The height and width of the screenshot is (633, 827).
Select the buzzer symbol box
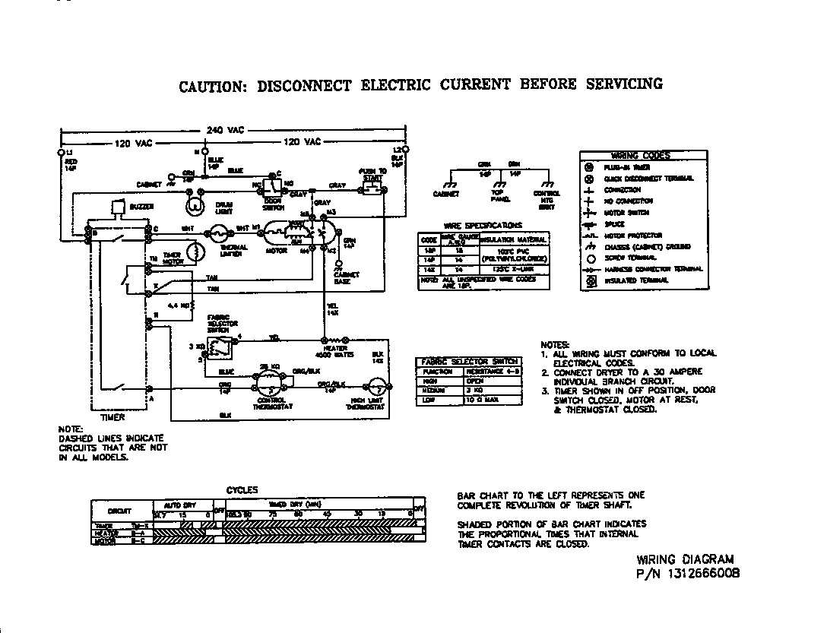pyautogui.click(x=116, y=207)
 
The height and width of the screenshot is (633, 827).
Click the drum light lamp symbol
pyautogui.click(x=195, y=204)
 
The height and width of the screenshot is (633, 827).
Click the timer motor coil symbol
pyautogui.click(x=197, y=252)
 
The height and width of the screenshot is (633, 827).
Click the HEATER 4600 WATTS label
pyautogui.click(x=331, y=352)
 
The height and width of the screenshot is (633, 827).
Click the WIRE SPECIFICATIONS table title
pyautogui.click(x=483, y=226)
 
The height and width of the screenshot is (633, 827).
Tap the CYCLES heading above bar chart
pyautogui.click(x=242, y=490)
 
